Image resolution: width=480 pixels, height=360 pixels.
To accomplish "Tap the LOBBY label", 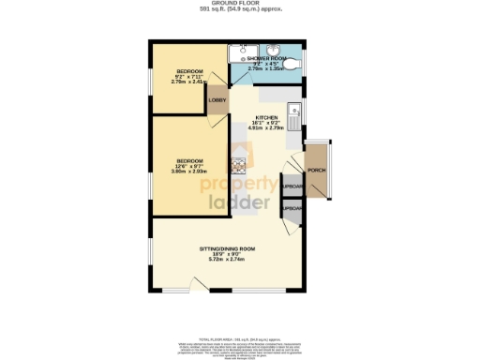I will [217, 99].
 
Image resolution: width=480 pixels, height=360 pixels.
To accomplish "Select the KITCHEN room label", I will [267, 119].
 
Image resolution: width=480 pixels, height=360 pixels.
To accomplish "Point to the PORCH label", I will [317, 171].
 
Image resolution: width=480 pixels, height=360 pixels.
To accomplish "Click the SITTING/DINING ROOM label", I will [227, 248].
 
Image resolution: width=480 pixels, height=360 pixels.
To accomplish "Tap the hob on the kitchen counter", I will [238, 166].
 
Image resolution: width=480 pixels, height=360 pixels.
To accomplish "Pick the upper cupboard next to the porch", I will [292, 186].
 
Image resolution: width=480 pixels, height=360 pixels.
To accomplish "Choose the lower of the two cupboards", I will [292, 207].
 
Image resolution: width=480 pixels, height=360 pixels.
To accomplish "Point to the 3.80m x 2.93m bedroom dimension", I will [189, 171].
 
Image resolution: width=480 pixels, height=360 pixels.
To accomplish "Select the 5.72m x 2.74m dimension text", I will [227, 260].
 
